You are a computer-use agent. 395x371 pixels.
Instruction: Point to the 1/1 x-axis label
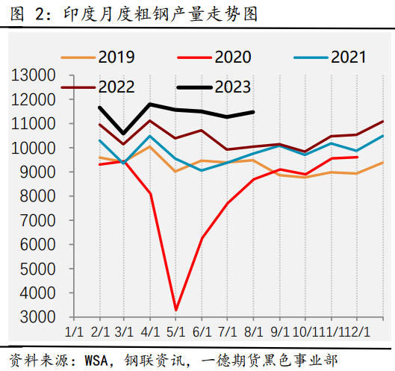pos(74,331)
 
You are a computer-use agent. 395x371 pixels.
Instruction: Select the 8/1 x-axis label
pos(252,331)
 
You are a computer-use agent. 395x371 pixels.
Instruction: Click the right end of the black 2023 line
pos(254,112)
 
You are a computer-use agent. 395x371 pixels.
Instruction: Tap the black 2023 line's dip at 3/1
pos(124,134)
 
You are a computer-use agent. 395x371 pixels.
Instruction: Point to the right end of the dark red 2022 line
pos(383,121)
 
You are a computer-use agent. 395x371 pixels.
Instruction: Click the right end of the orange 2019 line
pos(383,163)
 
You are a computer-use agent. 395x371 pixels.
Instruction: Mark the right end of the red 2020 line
pos(358,157)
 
